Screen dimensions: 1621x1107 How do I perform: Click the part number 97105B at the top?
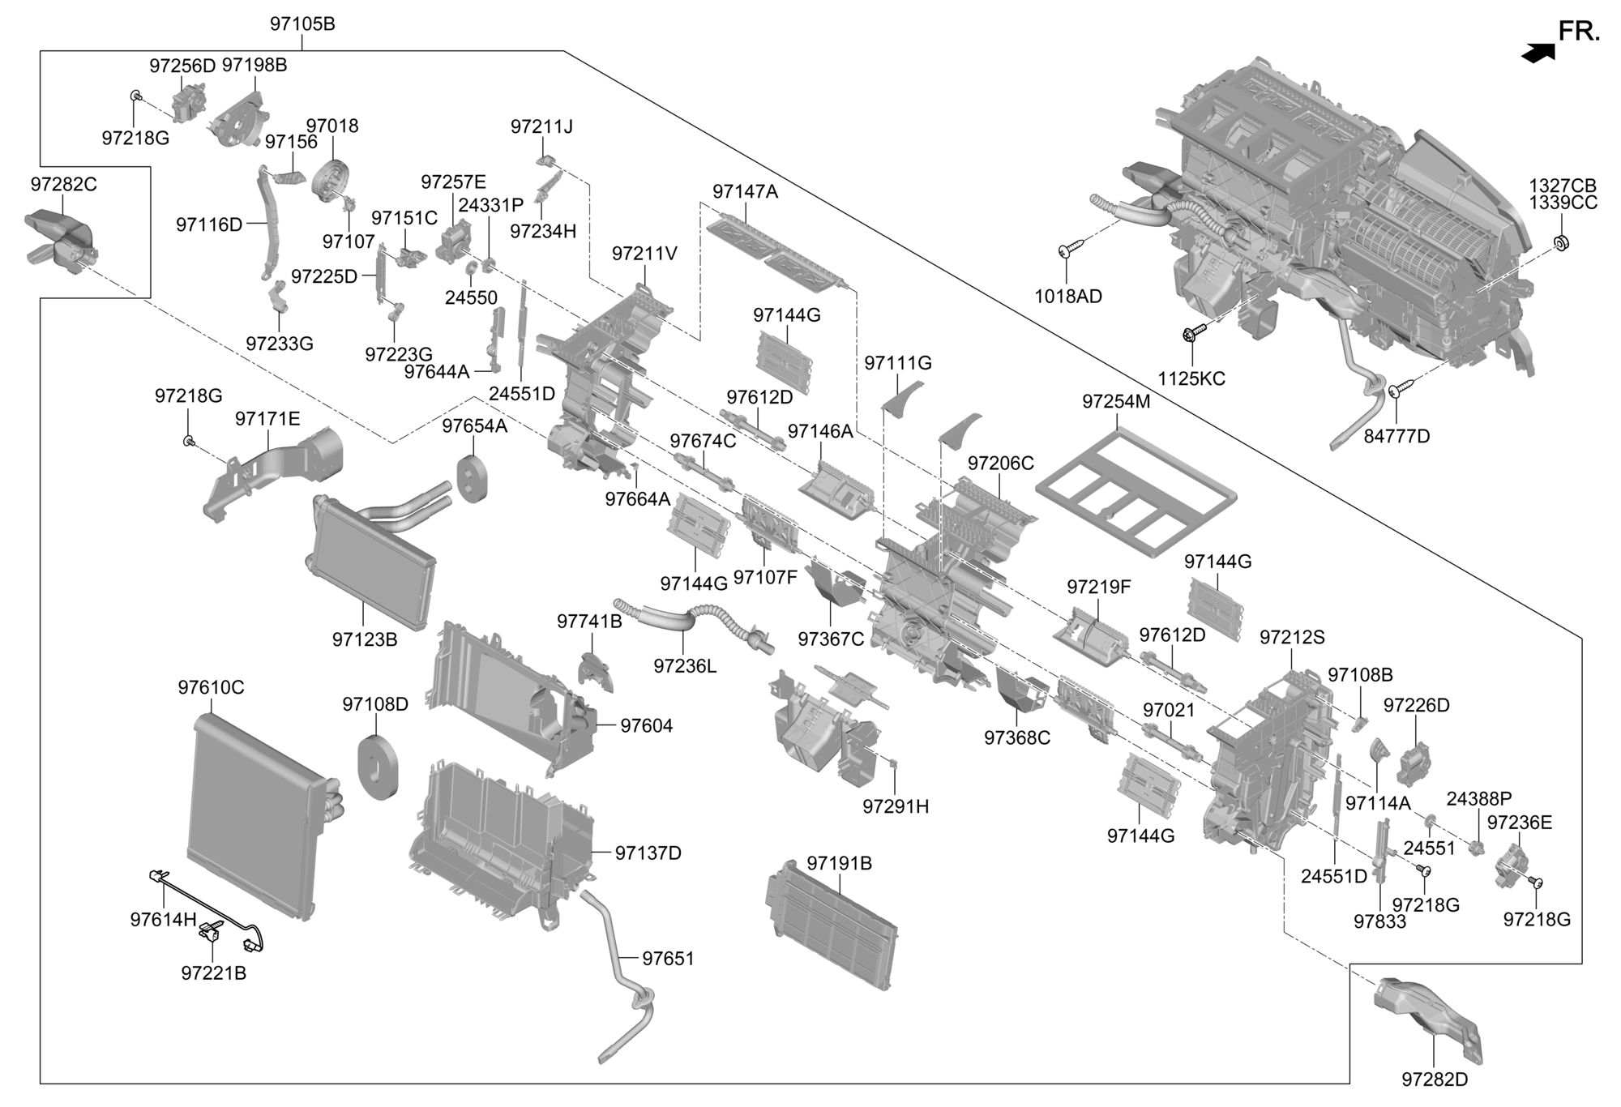click(302, 24)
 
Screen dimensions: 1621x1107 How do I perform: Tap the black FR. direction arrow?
click(1538, 53)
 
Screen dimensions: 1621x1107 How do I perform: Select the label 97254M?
click(1116, 402)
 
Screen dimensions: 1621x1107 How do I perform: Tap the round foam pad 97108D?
click(378, 766)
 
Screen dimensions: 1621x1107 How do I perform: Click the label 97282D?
click(1435, 1079)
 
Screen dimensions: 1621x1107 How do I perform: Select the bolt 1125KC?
click(1193, 331)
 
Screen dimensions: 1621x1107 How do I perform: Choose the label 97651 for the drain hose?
click(668, 959)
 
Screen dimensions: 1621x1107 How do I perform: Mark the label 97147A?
click(745, 191)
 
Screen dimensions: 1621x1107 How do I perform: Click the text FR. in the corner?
click(1579, 32)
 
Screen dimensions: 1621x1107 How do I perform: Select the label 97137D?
click(648, 853)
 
